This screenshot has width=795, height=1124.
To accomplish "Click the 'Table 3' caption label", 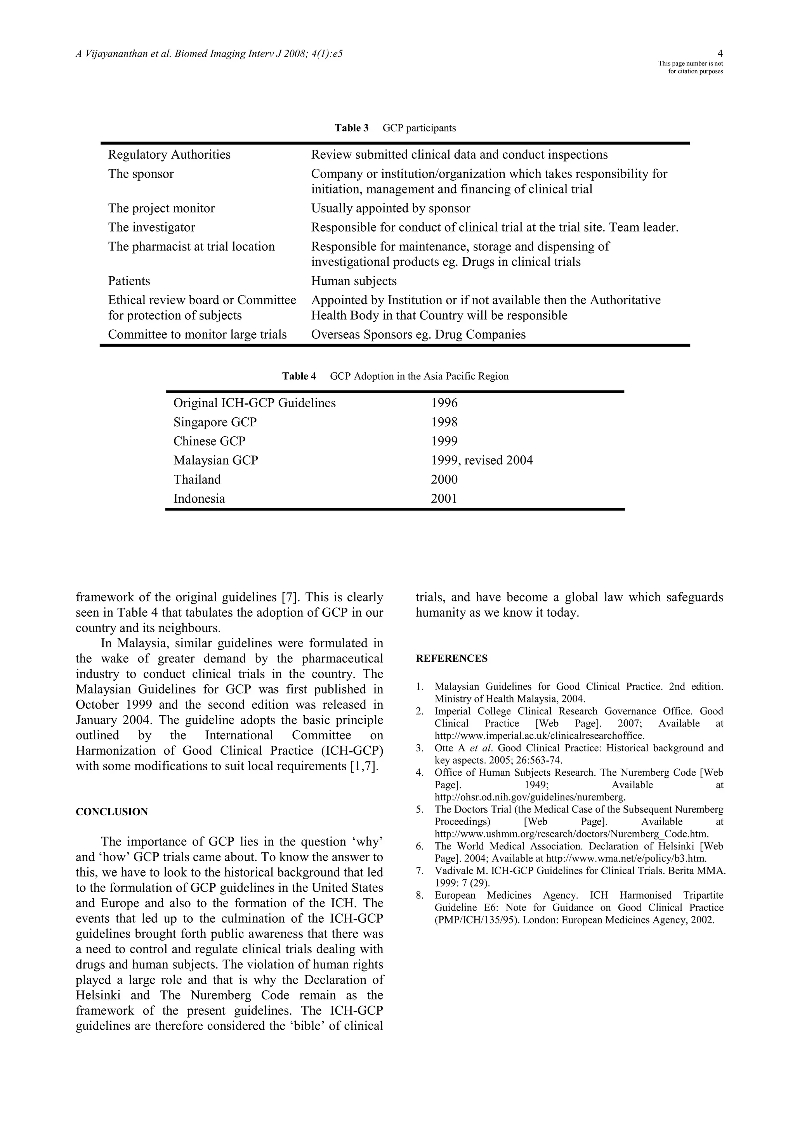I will click(351, 128).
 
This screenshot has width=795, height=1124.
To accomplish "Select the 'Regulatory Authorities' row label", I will click(169, 155).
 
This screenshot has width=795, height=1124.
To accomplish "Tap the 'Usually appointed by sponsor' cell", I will click(391, 209).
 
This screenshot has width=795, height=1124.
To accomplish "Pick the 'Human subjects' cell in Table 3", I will click(354, 281).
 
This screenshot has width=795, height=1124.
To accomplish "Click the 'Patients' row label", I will click(129, 281).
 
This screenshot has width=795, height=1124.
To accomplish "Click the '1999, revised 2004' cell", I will click(481, 460).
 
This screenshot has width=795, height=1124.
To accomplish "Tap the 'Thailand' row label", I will click(197, 479).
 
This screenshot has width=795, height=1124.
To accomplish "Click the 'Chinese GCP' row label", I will click(209, 441).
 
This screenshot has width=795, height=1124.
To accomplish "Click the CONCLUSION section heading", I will click(112, 812).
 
